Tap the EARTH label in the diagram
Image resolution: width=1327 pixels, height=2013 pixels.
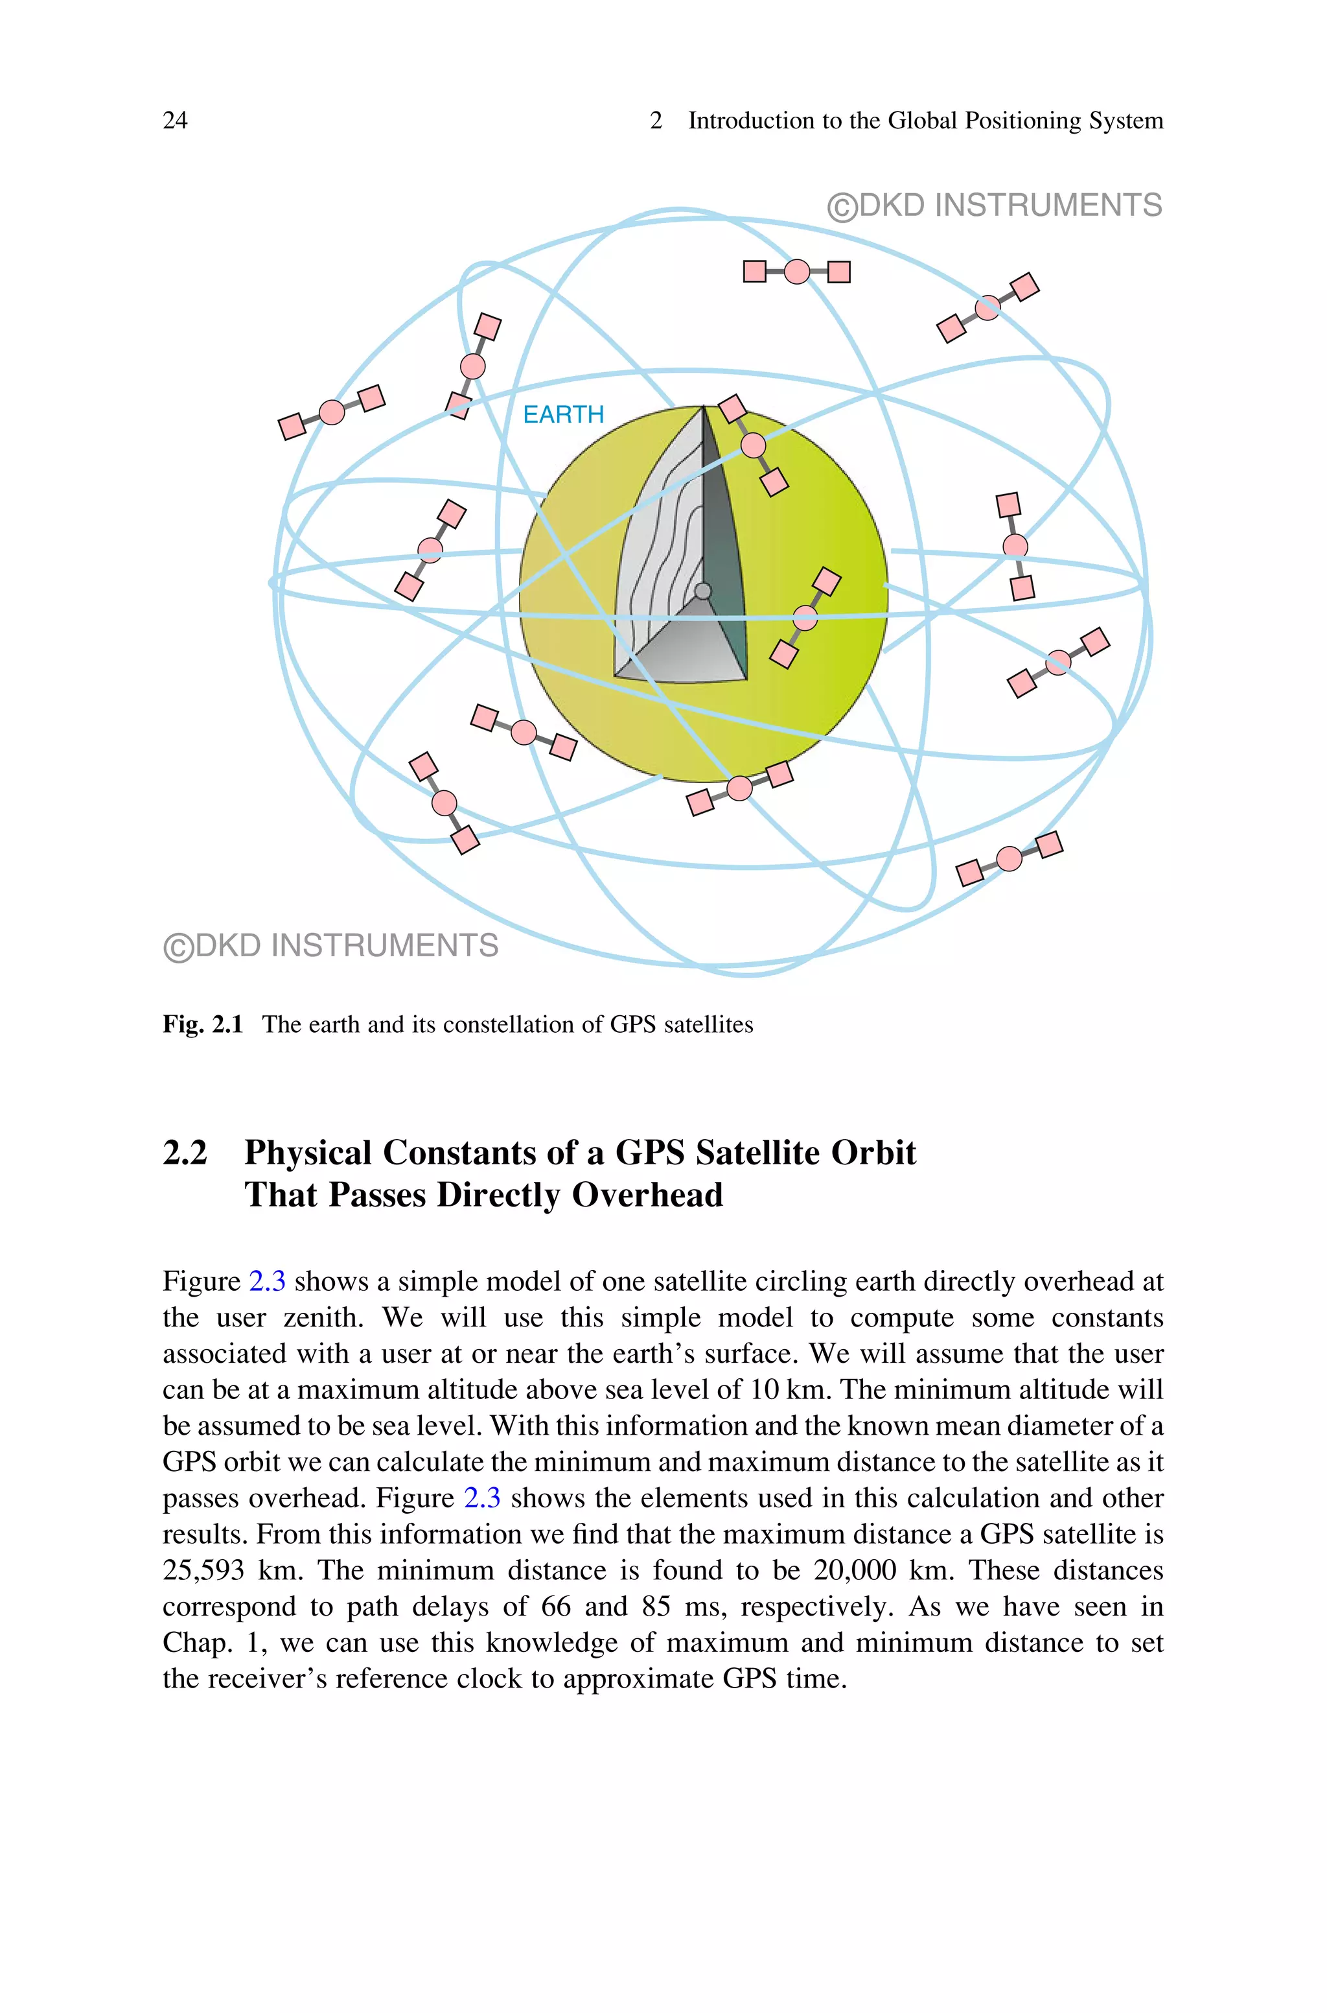tap(563, 415)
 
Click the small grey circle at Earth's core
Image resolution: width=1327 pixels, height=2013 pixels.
tap(702, 591)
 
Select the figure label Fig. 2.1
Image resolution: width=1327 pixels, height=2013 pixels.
tap(202, 1024)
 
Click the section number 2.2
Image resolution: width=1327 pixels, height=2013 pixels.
tap(185, 1153)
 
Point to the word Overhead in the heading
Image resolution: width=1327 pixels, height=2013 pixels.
tap(647, 1195)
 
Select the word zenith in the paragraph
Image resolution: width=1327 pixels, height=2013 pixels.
tap(323, 1317)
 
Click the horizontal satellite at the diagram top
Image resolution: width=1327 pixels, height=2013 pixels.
tap(796, 272)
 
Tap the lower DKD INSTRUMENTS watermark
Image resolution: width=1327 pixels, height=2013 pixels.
tap(331, 945)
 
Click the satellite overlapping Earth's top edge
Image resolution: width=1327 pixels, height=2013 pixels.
tap(753, 445)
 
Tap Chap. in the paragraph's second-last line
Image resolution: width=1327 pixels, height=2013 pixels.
tap(197, 1643)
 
